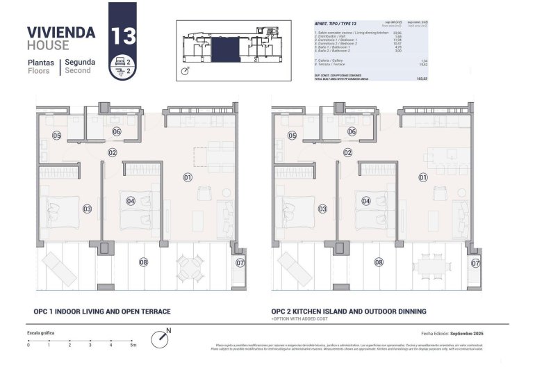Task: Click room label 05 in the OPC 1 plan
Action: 56,135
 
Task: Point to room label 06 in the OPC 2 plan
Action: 352,131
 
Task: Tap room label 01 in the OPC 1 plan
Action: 188,178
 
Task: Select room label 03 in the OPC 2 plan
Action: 322,209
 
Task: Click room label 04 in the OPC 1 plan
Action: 131,201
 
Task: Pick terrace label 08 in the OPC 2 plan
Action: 379,262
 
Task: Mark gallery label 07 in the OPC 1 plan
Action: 240,263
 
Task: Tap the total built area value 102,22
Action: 420,81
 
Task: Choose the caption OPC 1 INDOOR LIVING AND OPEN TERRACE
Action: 102,312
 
